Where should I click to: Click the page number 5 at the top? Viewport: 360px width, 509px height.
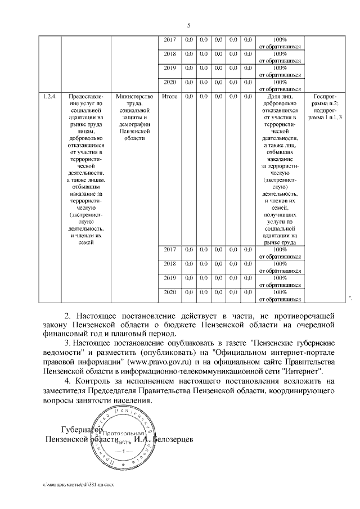pyautogui.click(x=189, y=25)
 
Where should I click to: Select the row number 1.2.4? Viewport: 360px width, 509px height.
pyautogui.click(x=49, y=96)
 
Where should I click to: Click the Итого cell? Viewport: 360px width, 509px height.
pyautogui.click(x=170, y=96)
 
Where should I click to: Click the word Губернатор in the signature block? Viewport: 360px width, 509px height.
pyautogui.click(x=80, y=430)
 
